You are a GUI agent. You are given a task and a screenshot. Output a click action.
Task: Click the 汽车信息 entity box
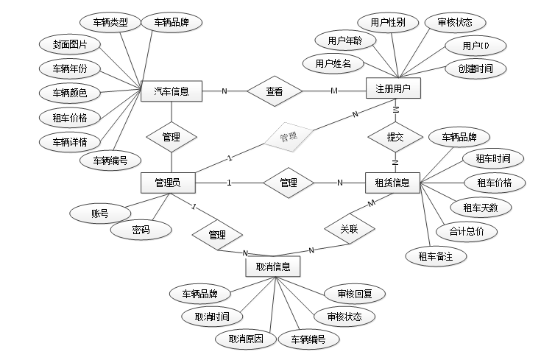click(x=172, y=92)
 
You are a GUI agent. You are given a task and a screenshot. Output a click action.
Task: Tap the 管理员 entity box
click(x=170, y=183)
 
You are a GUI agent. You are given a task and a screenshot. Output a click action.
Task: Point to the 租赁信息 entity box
click(x=392, y=183)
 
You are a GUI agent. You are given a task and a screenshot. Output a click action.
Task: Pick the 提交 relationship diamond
click(x=395, y=136)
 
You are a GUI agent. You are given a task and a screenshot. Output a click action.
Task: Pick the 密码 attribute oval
click(x=141, y=230)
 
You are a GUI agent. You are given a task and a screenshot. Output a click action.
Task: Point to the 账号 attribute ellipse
click(x=100, y=214)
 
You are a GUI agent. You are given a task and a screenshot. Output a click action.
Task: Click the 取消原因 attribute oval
click(x=246, y=339)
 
